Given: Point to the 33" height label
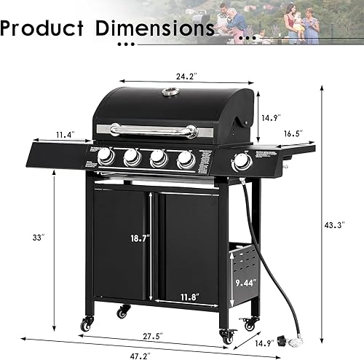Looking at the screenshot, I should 38,237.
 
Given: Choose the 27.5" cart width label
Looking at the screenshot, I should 151,337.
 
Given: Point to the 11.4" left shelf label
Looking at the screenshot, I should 64,134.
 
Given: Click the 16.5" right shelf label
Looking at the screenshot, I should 293,134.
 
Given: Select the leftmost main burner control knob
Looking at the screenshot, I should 106,155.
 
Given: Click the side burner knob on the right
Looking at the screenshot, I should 241,162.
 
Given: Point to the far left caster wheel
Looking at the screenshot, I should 87,324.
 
